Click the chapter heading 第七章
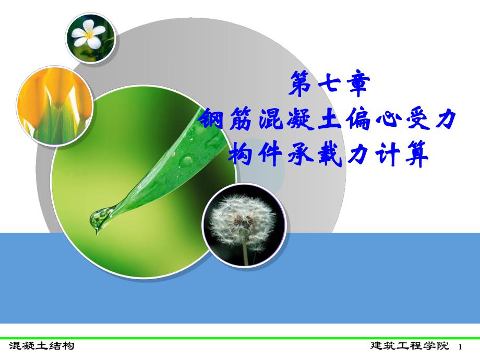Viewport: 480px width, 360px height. click(329, 85)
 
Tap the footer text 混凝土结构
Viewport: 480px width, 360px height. click(41, 346)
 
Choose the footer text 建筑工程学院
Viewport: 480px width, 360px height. click(409, 346)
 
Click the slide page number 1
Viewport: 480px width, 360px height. click(461, 347)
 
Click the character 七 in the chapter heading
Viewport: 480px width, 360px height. click(329, 85)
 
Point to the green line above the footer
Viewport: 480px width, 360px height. click(240, 338)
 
